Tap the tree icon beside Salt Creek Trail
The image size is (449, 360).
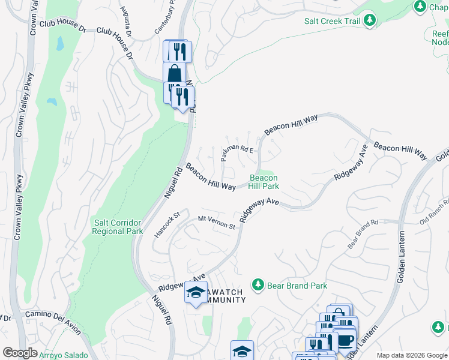point(370,20)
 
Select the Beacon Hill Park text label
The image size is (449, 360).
point(264,182)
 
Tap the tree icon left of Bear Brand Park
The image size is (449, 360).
point(258,284)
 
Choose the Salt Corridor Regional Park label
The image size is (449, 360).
point(118,227)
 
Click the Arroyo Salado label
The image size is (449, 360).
point(64,355)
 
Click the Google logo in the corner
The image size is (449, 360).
point(20,353)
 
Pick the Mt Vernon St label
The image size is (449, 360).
point(217,224)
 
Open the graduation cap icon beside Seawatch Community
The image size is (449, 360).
point(196,292)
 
